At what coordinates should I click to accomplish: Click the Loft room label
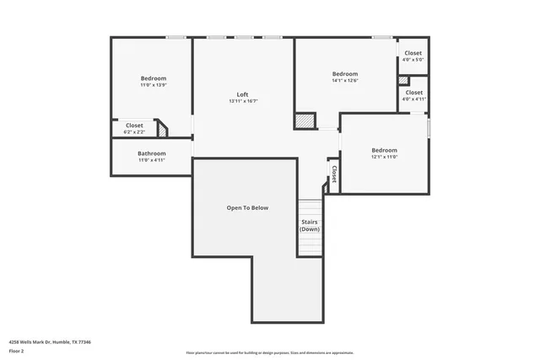(242, 94)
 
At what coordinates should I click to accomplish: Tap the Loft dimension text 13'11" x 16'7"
(242, 101)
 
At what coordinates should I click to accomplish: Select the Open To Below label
(247, 207)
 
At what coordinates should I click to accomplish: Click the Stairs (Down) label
(310, 225)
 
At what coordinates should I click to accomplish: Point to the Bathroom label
(152, 153)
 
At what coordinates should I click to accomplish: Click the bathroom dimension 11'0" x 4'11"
(152, 160)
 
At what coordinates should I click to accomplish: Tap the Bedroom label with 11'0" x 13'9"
(153, 78)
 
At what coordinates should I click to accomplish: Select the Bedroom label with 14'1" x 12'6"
(345, 74)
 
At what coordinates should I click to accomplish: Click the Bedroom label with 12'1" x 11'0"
(384, 150)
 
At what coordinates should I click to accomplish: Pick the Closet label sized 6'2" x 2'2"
(134, 126)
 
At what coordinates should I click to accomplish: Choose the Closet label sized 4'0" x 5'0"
(413, 52)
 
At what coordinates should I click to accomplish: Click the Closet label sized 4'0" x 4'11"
(413, 92)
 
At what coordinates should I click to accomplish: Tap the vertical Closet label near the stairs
(334, 174)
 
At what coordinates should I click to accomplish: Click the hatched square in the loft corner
(304, 121)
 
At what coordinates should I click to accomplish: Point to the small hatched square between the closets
(403, 81)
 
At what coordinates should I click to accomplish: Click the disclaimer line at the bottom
(269, 352)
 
